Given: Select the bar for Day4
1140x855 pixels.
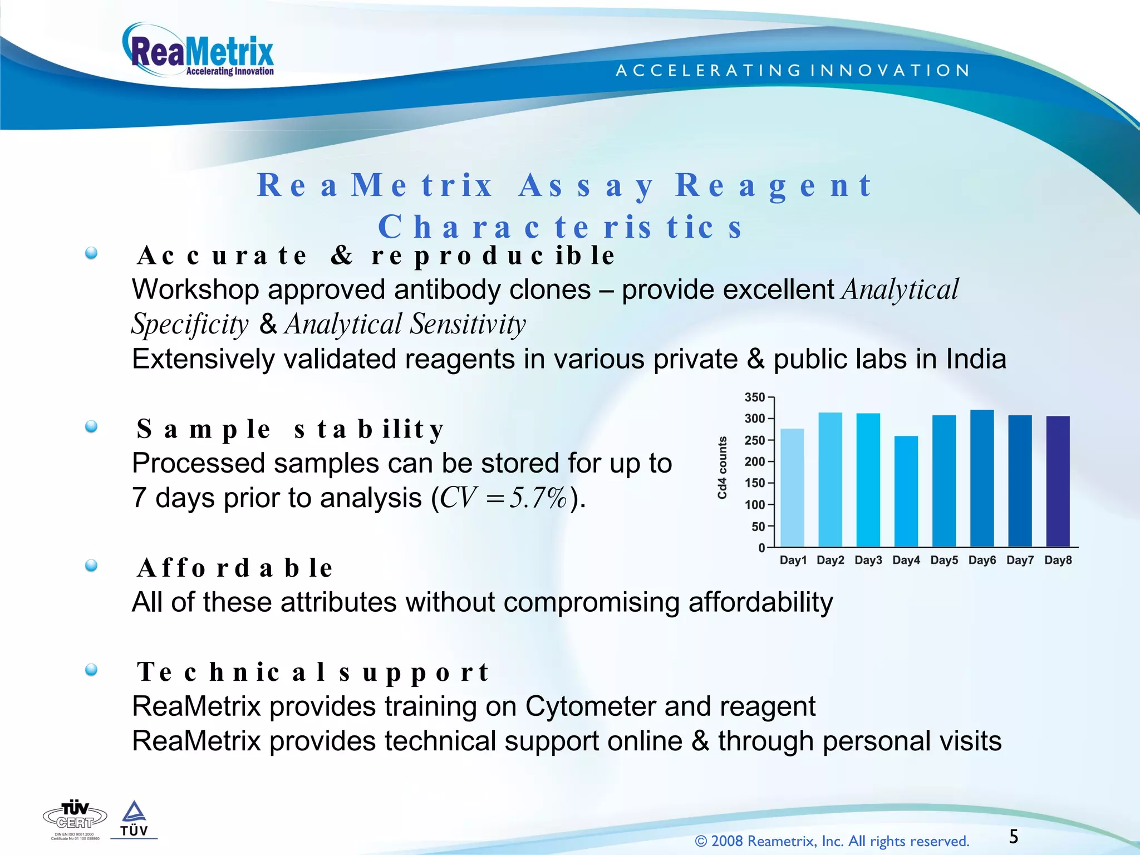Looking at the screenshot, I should coord(906,491).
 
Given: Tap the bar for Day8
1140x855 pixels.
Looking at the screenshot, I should coord(1058,481).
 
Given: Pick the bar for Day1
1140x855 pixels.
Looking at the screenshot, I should coord(792,488).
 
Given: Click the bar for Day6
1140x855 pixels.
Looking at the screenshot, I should coord(982,478).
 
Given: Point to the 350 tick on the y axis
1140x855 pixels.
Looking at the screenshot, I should coord(755,397).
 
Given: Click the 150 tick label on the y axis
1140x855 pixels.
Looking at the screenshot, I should coord(755,483).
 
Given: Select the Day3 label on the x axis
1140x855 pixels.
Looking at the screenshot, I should coord(868,561).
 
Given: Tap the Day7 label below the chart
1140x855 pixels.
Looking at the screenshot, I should coord(1020,561).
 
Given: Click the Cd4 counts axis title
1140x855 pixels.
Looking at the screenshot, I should coord(722,468).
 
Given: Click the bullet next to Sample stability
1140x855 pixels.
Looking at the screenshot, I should coord(91,427).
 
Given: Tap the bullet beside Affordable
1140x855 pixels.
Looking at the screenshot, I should coord(91,566).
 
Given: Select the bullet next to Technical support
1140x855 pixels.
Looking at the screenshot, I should coord(91,670).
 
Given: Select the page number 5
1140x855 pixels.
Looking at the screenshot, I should coord(1014,837).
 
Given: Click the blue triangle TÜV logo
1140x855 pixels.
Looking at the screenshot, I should coord(134,818).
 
